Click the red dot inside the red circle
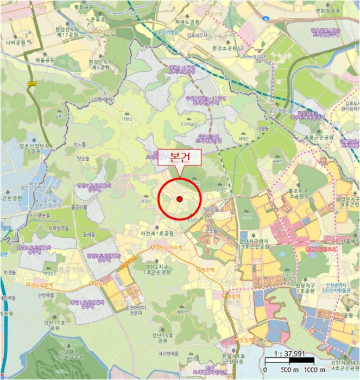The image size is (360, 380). tap(180, 200)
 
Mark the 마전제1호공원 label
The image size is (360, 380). tap(157, 233)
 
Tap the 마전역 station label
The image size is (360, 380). tap(207, 269)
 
